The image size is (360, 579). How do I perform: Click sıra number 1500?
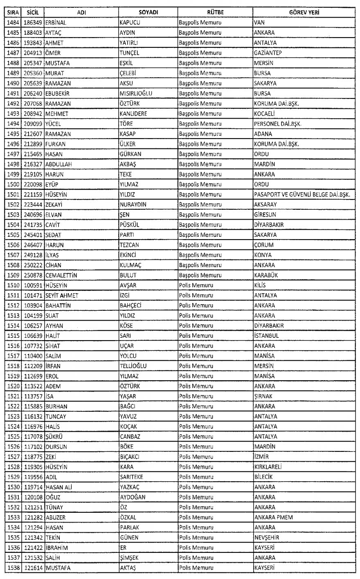[11, 184]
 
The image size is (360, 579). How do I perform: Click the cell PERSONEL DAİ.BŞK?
[278, 123]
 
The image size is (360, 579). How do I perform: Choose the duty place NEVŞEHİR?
[267, 538]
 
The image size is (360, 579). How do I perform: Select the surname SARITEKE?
[131, 477]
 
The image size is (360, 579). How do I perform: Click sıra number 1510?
[11, 285]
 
